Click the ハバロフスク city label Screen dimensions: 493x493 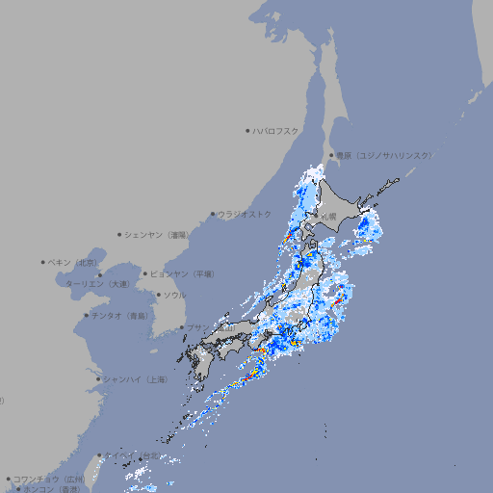[276, 130]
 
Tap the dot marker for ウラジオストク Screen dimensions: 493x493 [213, 215]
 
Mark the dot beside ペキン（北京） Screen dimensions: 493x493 [43, 262]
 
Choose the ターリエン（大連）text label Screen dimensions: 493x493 [97, 285]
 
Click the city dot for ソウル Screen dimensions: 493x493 [158, 296]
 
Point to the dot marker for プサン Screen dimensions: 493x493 [181, 328]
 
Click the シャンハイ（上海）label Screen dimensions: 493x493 [135, 379]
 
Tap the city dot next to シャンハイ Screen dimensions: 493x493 [98, 379]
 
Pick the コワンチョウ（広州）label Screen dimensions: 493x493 [49, 479]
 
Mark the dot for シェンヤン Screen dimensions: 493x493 [120, 234]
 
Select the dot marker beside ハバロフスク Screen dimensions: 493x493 [247, 130]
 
